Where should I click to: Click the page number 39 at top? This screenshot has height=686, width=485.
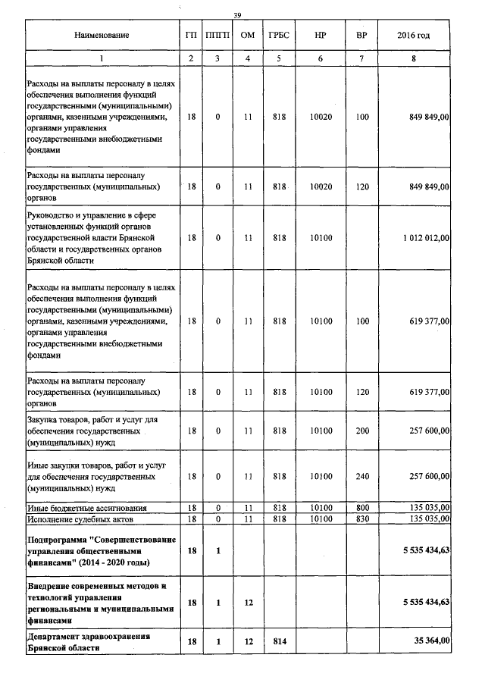click(x=237, y=15)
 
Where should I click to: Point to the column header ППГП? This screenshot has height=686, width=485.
click(x=217, y=36)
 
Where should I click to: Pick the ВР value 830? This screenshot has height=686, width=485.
click(x=361, y=518)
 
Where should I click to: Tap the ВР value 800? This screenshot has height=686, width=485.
click(x=361, y=507)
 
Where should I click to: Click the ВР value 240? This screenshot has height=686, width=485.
click(x=361, y=476)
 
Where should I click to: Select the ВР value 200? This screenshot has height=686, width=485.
click(x=361, y=431)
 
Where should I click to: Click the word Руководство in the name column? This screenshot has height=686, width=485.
click(x=51, y=215)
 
